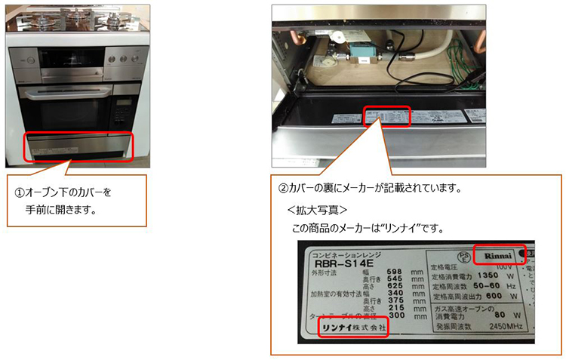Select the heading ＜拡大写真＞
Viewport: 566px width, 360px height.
click(317, 209)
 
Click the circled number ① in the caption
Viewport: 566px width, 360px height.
click(20, 192)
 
